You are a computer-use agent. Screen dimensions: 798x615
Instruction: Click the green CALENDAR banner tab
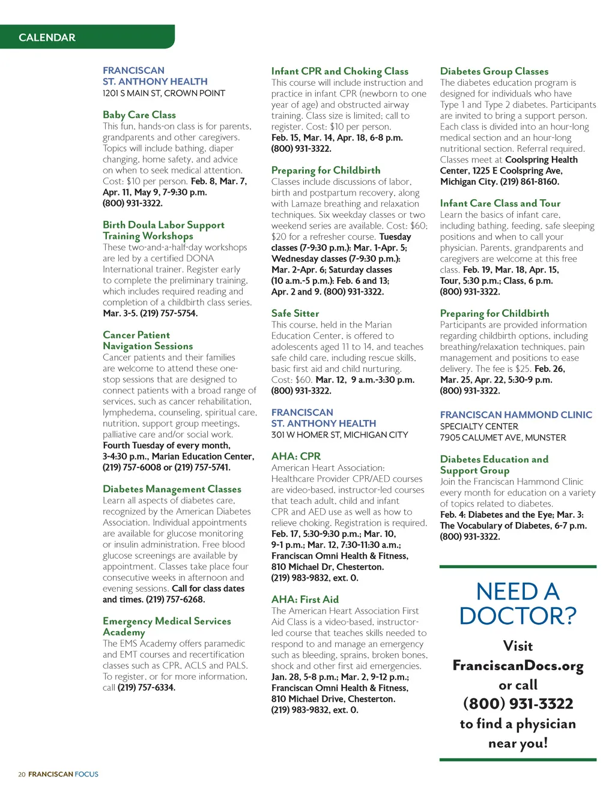click(x=47, y=37)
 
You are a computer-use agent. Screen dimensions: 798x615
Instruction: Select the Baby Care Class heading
click(x=139, y=115)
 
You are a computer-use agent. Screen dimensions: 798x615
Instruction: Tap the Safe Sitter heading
click(x=295, y=313)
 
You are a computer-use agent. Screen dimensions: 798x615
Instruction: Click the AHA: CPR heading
click(x=296, y=456)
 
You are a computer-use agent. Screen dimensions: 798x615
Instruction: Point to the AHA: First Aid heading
click(x=305, y=599)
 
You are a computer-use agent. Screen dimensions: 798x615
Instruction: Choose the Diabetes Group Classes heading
click(x=494, y=71)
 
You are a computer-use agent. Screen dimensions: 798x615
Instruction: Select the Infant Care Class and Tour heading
click(x=500, y=203)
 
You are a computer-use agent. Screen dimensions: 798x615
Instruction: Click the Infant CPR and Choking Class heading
click(x=340, y=71)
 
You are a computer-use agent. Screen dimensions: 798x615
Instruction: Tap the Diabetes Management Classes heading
click(x=172, y=489)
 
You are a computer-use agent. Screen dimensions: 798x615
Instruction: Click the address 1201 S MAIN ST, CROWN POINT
click(x=164, y=93)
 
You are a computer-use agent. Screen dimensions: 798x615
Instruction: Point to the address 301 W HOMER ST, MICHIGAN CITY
click(x=339, y=434)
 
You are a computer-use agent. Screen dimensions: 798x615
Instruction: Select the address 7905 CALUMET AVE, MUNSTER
click(x=503, y=437)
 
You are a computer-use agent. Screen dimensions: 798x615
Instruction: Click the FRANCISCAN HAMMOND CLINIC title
click(x=516, y=415)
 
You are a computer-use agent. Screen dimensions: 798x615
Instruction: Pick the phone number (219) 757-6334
click(x=147, y=688)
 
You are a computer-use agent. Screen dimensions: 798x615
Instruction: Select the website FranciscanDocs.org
click(x=518, y=665)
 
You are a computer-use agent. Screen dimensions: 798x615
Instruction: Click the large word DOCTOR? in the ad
click(x=518, y=616)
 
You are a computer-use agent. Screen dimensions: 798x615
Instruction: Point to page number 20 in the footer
click(x=22, y=775)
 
